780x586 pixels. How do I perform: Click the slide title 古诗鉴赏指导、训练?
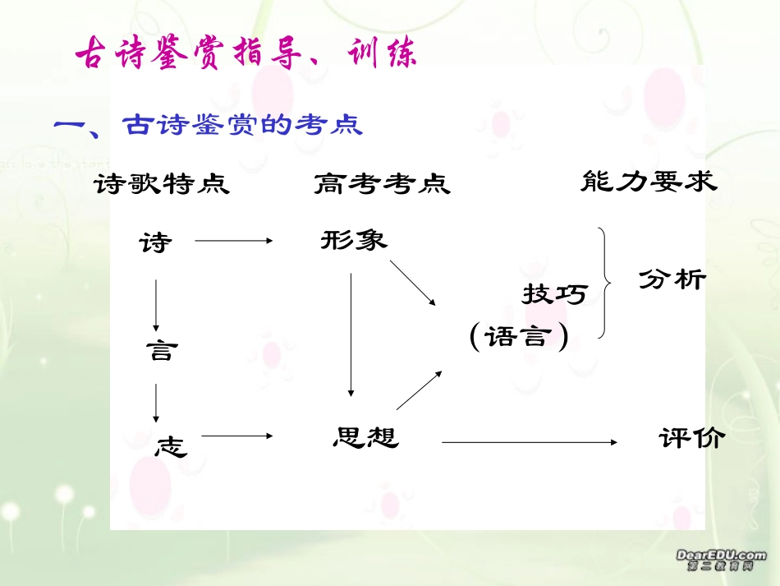[246, 55]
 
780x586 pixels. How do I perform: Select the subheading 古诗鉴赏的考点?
[241, 125]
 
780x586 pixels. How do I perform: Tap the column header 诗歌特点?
[162, 183]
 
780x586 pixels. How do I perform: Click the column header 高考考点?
[382, 183]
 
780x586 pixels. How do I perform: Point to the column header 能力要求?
[648, 181]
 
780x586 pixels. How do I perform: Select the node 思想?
[365, 436]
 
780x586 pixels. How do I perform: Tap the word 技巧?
[554, 293]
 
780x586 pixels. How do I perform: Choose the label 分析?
[672, 279]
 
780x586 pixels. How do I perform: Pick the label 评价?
[691, 438]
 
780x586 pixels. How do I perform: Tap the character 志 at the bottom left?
[171, 446]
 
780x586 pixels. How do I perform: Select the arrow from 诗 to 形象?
[233, 241]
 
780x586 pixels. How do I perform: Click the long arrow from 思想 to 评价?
[529, 442]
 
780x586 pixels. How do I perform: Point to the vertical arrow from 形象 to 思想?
[351, 334]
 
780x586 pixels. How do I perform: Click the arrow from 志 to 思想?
[236, 436]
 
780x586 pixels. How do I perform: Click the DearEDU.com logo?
[721, 561]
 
